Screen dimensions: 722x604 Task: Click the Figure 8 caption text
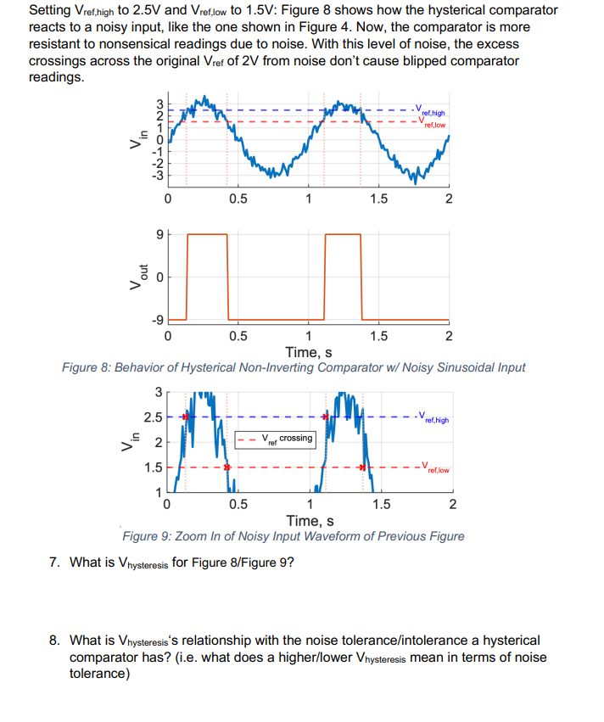tap(294, 367)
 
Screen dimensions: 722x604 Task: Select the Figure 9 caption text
tap(294, 536)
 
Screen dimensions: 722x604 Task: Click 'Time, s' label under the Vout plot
tap(308, 352)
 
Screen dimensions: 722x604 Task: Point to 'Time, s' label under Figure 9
tap(310, 521)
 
